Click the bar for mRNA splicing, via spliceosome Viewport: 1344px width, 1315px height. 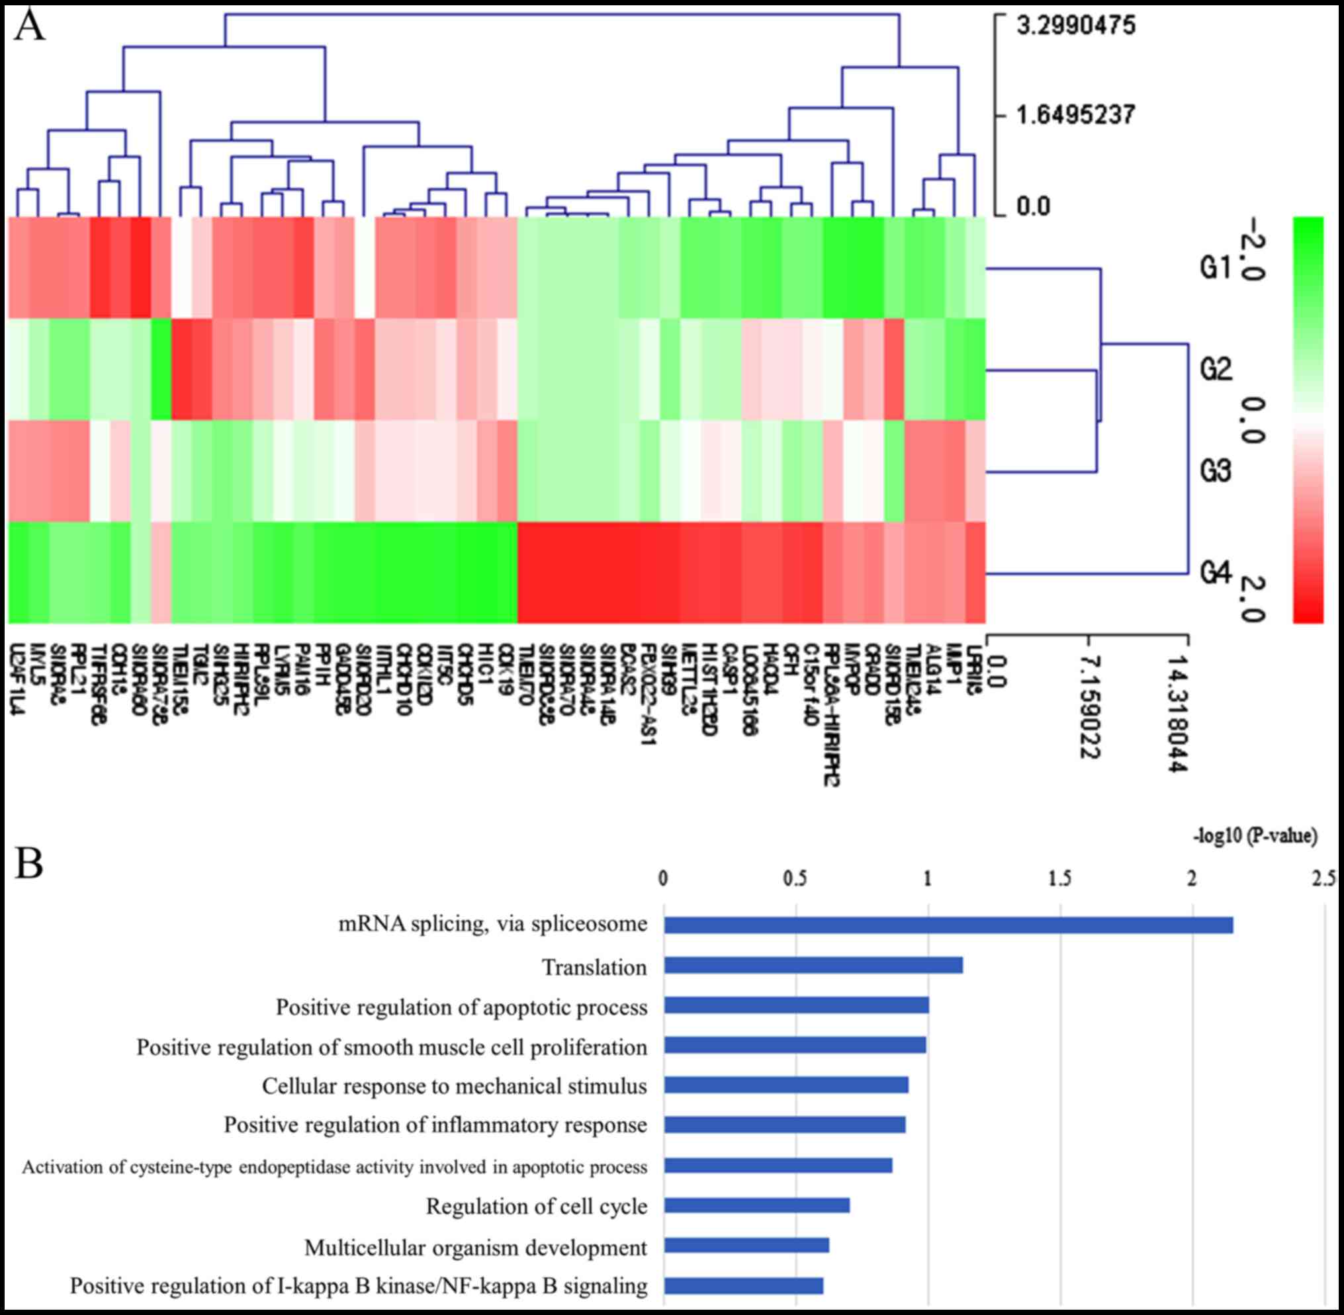click(948, 925)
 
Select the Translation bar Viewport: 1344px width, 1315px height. click(813, 966)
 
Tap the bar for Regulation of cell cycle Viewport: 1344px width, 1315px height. click(756, 1206)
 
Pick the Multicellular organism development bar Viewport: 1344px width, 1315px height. click(746, 1246)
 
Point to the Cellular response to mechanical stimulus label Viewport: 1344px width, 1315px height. click(454, 1085)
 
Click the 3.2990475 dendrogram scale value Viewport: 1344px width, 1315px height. click(1076, 26)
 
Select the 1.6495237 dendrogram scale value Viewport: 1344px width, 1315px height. click(1076, 114)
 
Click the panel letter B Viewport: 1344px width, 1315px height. click(29, 863)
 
